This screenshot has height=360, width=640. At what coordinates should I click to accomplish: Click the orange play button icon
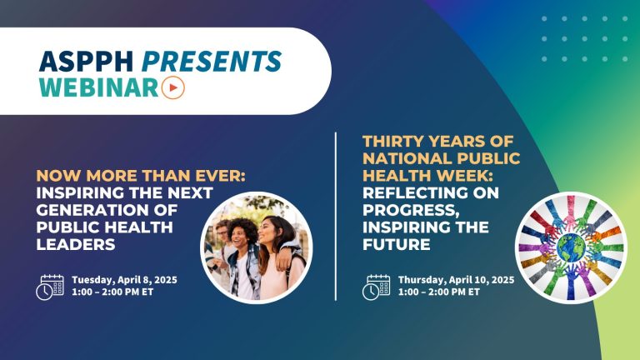[173, 88]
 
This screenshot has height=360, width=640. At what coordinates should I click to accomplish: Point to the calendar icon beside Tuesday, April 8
[49, 287]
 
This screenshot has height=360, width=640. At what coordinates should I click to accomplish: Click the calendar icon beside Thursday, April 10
[376, 287]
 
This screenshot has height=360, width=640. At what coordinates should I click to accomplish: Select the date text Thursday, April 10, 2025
[457, 279]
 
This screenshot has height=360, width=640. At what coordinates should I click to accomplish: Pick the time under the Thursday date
[438, 292]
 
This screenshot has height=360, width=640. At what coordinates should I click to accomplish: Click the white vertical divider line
[337, 216]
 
